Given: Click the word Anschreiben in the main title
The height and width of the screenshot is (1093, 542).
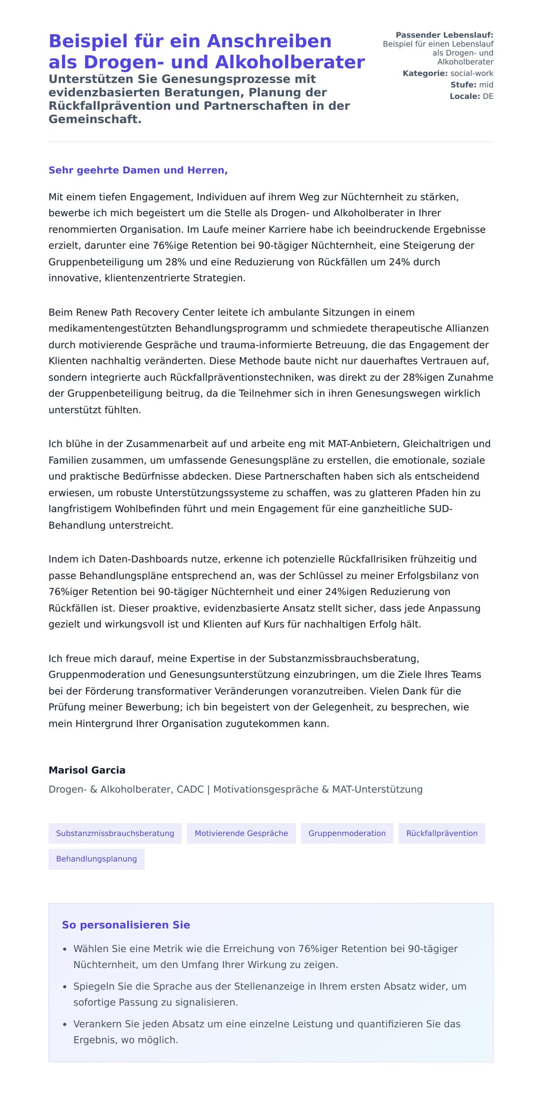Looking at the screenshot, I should click(269, 41).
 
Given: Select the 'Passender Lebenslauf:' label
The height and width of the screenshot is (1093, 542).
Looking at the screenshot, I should click(444, 35).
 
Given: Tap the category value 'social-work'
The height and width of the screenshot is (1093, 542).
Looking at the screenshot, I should click(472, 73).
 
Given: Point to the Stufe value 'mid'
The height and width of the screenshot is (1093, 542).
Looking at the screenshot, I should click(486, 84).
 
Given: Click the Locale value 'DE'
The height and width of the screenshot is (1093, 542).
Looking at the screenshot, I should click(488, 96).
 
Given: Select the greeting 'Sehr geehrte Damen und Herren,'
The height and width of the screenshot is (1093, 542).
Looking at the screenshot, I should click(138, 170).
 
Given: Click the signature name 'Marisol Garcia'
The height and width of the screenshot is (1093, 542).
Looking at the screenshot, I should click(87, 770).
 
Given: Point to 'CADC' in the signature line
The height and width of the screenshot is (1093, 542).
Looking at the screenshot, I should click(190, 789).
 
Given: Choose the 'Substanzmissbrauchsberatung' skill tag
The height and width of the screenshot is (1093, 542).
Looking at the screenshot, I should click(115, 833).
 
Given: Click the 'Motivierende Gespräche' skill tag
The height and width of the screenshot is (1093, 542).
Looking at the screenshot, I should click(241, 833).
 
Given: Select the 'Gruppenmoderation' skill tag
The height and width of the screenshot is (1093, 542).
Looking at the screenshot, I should click(347, 833).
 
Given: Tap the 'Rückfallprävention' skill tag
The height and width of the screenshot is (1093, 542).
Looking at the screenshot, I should click(442, 833).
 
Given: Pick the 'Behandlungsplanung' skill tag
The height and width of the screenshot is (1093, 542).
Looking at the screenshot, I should click(96, 859).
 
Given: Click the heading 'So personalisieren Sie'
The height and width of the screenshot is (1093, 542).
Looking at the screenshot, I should click(126, 925).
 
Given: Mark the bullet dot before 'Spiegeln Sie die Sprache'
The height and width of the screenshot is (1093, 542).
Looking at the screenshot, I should click(65, 987).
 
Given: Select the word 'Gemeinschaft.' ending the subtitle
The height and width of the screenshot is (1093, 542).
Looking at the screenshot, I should click(95, 119).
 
